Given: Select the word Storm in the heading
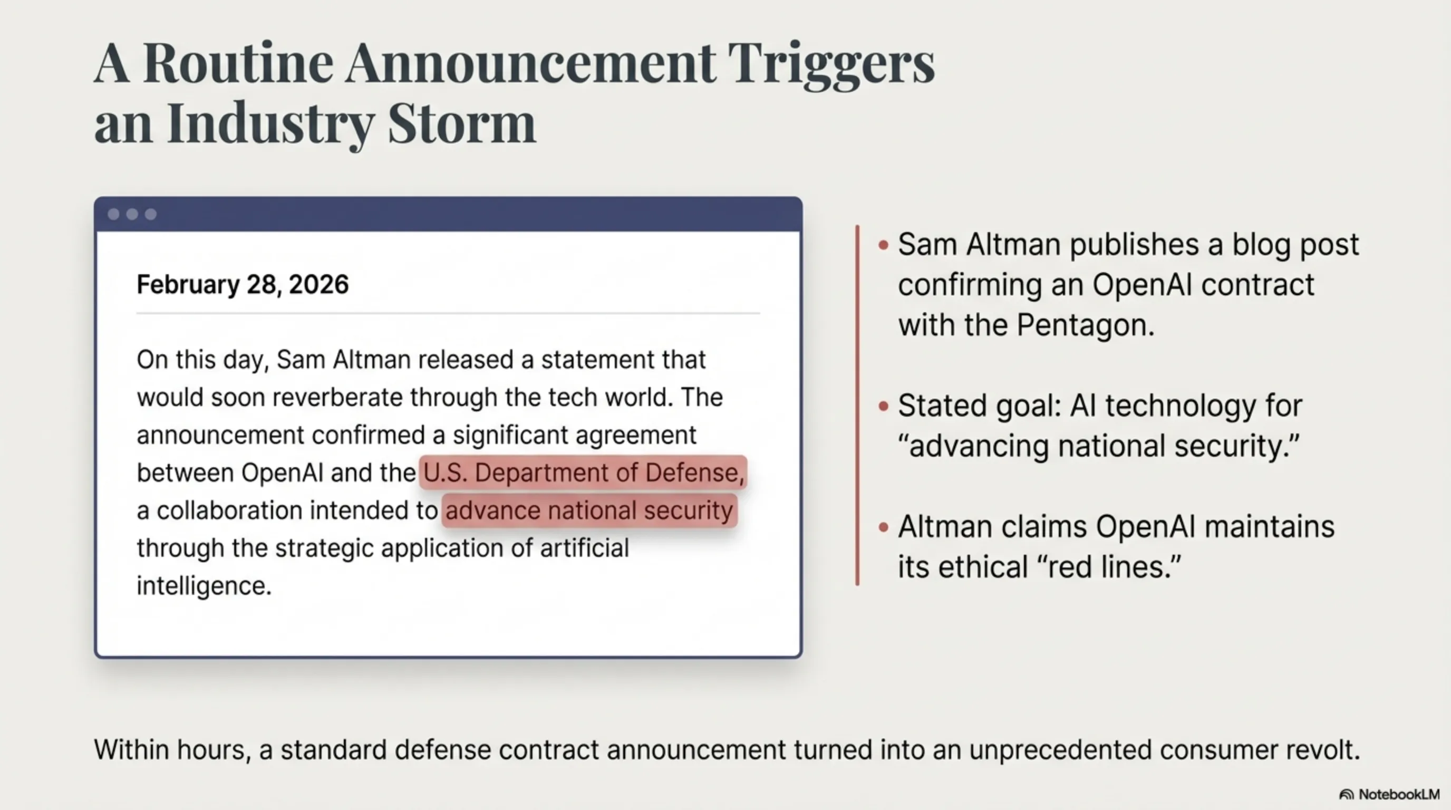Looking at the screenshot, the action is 462,124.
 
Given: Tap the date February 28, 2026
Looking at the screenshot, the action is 243,284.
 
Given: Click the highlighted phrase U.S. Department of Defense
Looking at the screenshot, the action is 584,472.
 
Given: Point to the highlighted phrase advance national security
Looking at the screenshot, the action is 589,511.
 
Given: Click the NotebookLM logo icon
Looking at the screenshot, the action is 1346,795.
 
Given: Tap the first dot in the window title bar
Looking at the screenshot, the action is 113,214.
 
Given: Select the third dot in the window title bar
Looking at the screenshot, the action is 150,214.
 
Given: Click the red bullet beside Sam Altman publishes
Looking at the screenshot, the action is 883,245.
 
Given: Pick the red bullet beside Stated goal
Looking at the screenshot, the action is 883,406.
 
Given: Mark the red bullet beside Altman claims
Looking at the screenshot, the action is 883,527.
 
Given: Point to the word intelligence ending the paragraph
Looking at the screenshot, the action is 204,586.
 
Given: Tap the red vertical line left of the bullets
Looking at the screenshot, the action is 857,406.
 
